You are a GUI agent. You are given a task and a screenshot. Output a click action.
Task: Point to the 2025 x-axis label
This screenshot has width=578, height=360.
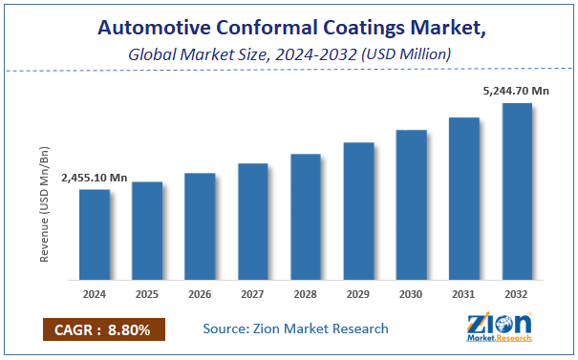(x=147, y=295)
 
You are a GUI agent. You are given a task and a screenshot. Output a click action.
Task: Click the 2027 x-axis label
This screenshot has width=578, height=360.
(x=253, y=295)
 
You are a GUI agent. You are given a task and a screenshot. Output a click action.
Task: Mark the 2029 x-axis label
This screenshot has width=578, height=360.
(x=358, y=295)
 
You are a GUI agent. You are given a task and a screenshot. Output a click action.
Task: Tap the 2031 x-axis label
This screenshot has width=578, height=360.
(x=464, y=295)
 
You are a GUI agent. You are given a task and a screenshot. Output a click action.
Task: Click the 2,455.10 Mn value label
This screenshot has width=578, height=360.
(x=94, y=178)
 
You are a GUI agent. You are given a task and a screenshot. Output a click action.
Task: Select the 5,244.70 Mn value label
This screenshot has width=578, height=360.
(x=516, y=91)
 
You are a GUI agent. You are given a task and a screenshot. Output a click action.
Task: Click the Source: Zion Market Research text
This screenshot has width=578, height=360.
(x=295, y=328)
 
